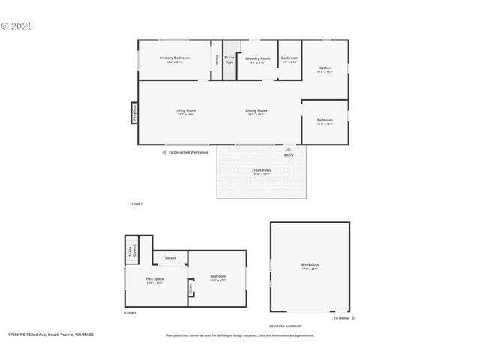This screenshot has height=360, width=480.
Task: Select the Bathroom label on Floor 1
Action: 289,59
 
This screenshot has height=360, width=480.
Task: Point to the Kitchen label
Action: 325,69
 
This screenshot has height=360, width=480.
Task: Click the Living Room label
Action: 185,112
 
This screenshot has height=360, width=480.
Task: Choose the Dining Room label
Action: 256,112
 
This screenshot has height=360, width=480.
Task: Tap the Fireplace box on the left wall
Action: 134,112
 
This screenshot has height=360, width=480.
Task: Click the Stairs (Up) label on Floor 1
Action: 229,58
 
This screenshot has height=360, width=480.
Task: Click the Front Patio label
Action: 262,172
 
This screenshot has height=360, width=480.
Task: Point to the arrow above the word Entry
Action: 289,149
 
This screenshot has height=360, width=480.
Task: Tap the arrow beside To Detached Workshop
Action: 164,152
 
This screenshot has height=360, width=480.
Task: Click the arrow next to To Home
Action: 353,318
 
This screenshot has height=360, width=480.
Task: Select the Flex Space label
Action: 154,280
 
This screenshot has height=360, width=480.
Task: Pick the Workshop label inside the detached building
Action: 310,266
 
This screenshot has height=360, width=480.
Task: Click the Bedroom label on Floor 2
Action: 217,277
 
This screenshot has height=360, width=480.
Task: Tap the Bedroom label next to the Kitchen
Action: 325,121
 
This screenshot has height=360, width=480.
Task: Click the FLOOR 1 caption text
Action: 136,204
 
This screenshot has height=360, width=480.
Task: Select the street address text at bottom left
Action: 50,335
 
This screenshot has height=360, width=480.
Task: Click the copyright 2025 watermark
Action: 17,25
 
